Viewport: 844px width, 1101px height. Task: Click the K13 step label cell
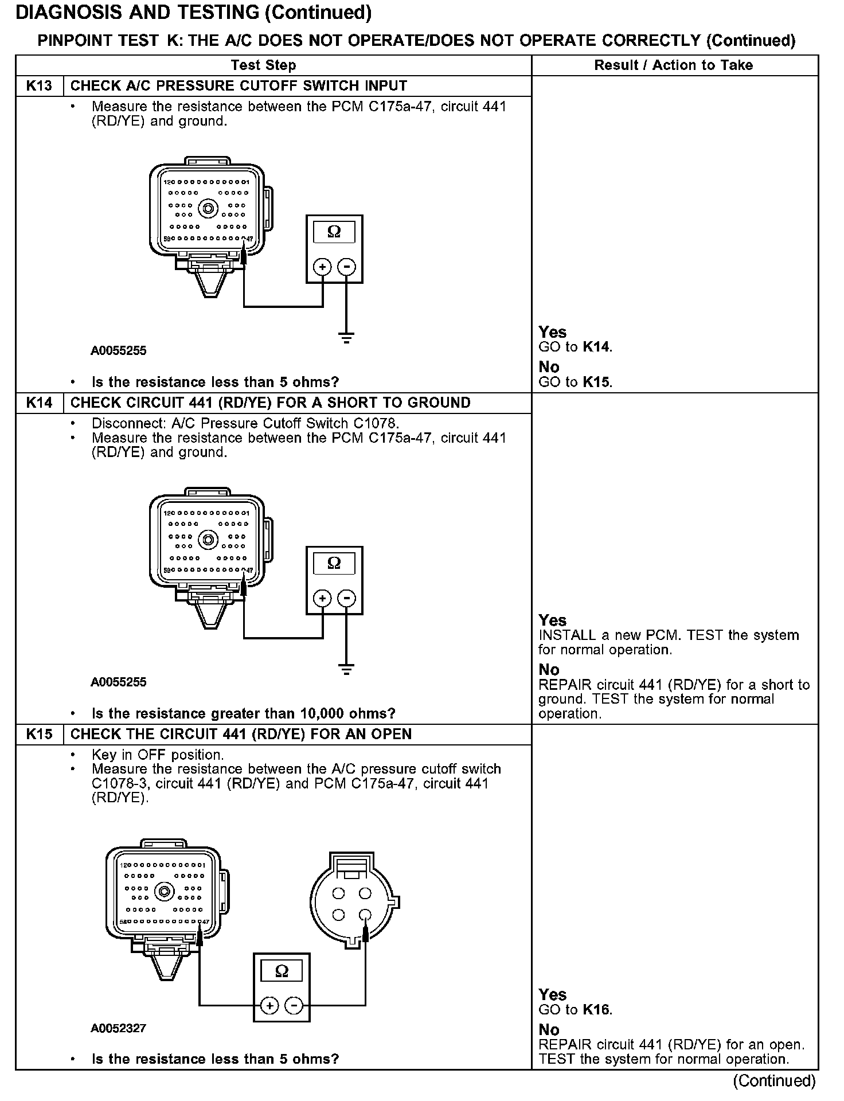39,86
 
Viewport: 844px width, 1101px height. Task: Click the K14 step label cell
39,403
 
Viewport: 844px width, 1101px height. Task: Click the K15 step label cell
39,735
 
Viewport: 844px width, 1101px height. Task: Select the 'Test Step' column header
263,65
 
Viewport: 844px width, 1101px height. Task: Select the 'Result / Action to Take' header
673,65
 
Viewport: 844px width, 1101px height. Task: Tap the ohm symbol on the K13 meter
334,232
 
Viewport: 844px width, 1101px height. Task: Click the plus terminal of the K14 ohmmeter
323,599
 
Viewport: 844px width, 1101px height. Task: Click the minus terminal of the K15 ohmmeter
294,1005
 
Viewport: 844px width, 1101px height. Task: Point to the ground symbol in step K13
346,337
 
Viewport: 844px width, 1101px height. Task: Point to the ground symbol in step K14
346,669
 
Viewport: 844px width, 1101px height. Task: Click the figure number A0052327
118,1028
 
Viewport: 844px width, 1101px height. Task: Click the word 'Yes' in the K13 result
552,333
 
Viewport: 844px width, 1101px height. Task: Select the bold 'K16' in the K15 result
596,1010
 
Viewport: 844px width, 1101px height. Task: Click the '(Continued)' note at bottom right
774,1081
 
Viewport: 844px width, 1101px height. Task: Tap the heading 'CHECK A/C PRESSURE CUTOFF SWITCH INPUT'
239,86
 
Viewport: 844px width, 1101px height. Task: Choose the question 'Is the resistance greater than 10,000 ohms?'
244,714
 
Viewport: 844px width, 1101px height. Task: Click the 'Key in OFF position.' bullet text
158,755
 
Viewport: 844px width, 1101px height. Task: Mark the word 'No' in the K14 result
549,670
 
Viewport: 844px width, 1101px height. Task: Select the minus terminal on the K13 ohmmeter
346,267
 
